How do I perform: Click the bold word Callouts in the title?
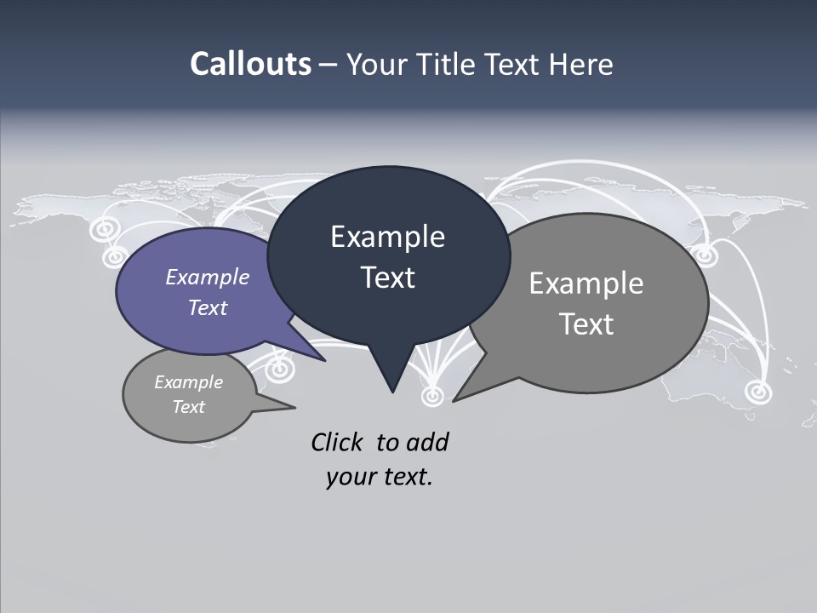250,64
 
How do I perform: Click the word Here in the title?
580,64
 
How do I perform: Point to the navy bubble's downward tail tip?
392,391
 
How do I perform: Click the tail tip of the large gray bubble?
454,399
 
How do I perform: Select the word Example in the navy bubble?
387,237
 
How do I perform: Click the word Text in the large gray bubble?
586,324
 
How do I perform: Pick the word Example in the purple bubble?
208,277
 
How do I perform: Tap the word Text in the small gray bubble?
189,407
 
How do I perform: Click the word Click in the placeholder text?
336,442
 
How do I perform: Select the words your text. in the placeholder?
379,477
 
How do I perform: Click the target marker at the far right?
757,392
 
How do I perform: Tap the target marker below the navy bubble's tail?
432,395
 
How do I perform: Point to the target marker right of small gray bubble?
277,370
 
